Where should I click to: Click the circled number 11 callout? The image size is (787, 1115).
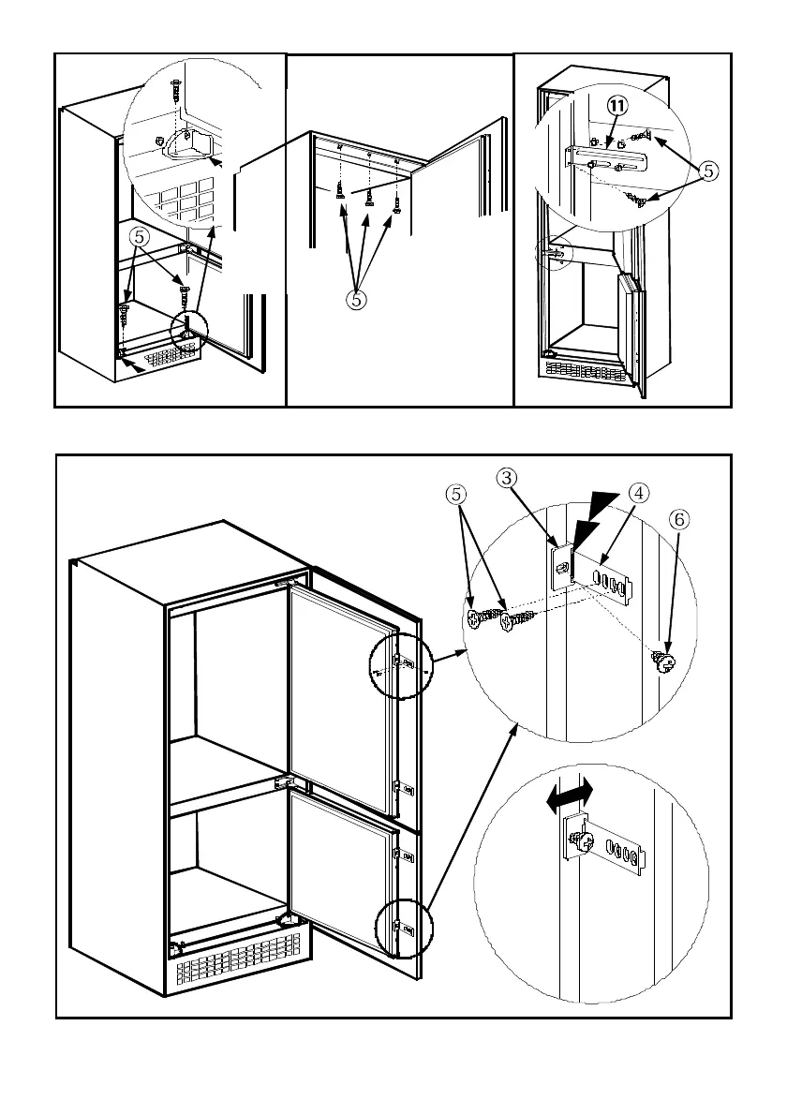617,106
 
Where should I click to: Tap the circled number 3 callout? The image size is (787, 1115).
506,478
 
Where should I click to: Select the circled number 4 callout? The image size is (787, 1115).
638,493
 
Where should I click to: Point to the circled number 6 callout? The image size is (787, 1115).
679,520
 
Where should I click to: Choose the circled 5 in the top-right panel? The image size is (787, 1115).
708,171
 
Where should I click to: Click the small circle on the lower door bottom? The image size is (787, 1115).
403,928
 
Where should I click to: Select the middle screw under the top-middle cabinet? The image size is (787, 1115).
369,198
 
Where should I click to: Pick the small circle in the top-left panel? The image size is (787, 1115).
189,329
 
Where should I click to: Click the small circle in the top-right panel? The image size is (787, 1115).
553,252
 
